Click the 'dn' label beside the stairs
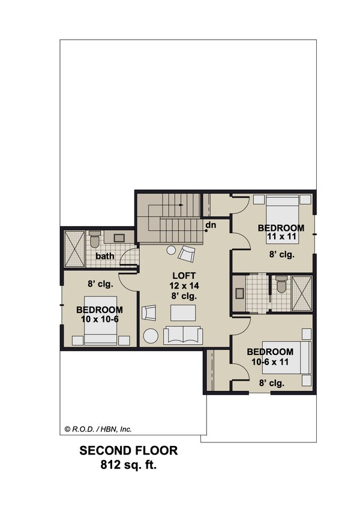pos(211,225)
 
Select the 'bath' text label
pos(106,256)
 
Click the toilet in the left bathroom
pos(94,240)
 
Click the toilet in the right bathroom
pos(280,286)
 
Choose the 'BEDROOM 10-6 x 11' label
pos(270,356)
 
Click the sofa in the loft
pos(182,336)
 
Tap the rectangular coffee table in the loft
pos(182,313)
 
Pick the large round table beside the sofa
pos(151,336)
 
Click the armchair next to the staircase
pos(188,254)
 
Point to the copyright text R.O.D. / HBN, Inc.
pos(97,429)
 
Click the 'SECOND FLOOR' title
pos(128,451)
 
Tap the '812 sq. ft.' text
pos(128,465)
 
